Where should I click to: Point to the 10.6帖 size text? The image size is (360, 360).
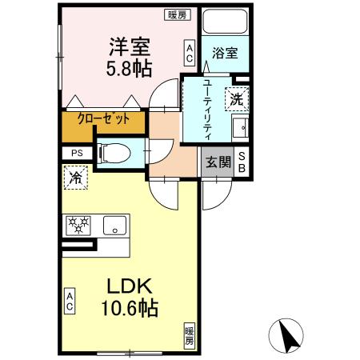pos(128,308)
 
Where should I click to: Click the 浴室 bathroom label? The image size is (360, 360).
pos(224,54)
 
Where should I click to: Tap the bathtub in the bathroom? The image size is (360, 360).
pos(226,22)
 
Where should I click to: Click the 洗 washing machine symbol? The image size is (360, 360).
pos(237,99)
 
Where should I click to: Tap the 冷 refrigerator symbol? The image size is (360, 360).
pos(75,178)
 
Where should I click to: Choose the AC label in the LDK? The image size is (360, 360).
pos(70,302)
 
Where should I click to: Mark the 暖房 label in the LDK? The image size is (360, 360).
pos(190,334)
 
